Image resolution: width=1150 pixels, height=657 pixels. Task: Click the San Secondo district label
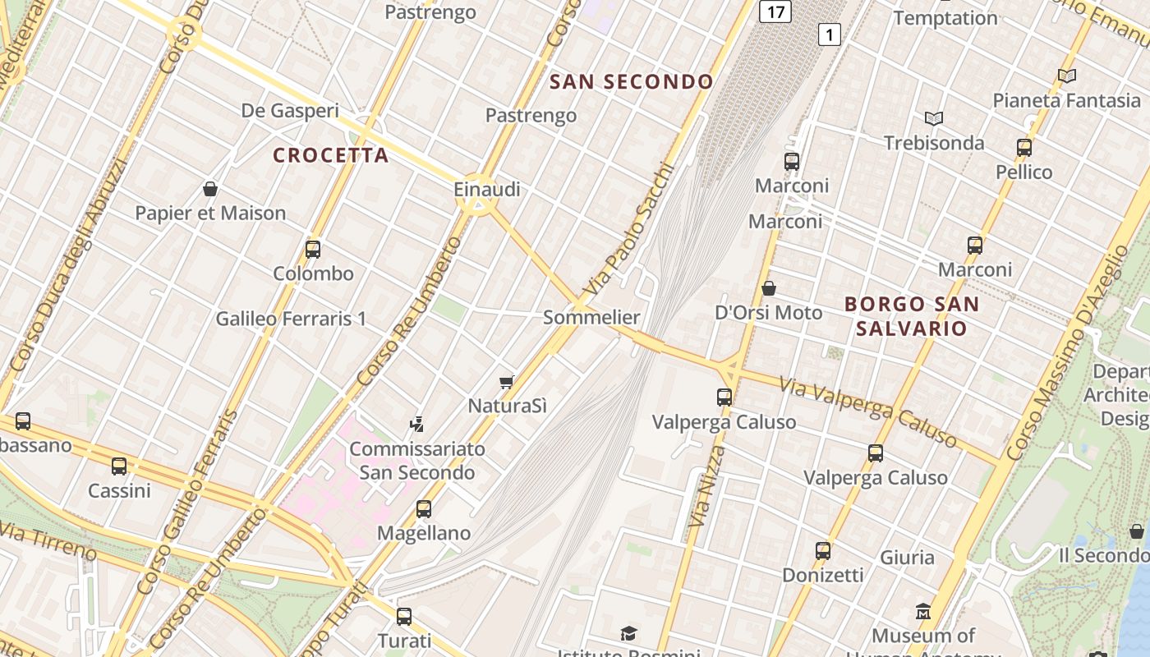631,82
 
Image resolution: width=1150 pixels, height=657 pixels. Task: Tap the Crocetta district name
330,155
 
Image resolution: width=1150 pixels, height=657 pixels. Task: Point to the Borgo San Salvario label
912,316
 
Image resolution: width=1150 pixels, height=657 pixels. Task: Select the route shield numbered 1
830,34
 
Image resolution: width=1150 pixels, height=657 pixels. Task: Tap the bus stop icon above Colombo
313,250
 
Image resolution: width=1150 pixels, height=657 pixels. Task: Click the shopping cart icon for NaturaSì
507,382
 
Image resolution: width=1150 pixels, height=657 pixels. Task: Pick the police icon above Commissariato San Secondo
417,425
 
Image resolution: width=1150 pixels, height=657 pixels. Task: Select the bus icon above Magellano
424,509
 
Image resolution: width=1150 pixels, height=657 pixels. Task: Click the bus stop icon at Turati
404,616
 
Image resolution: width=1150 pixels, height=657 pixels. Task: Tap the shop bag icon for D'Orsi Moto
769,288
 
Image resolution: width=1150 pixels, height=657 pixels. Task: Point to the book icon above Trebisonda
933,118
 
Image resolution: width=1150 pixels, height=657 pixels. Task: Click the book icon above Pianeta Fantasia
1067,76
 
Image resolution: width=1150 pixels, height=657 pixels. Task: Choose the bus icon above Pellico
1024,148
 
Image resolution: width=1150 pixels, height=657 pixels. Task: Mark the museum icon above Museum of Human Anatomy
923,612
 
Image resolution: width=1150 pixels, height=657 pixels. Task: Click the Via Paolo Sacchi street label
630,231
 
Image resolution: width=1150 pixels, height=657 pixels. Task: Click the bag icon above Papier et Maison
210,189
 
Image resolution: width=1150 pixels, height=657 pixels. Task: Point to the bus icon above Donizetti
823,551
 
